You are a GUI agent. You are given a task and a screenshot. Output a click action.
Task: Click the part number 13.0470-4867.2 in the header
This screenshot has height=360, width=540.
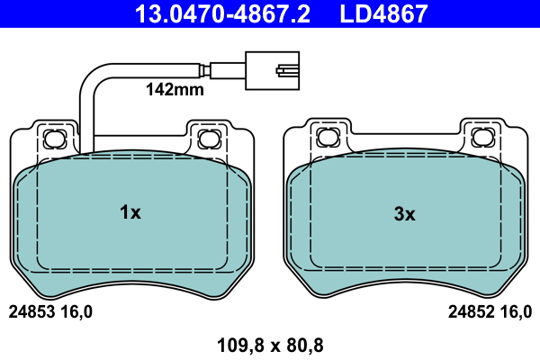point(222,13)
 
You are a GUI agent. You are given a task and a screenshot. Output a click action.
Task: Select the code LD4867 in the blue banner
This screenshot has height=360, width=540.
point(383,13)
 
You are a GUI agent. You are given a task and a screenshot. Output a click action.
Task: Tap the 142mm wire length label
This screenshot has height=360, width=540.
point(175,90)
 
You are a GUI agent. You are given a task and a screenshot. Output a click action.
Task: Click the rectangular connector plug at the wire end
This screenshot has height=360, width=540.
point(272,70)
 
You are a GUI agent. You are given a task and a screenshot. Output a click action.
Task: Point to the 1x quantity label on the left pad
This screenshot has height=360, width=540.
point(130,212)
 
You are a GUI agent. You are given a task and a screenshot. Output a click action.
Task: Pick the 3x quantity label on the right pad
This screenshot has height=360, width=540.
point(404,214)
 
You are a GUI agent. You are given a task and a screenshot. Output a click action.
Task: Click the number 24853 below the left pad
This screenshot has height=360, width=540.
point(31,312)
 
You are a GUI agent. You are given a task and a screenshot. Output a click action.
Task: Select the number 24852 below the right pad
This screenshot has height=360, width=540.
point(471,312)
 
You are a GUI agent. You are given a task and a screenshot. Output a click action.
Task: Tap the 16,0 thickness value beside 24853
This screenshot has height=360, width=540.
point(76,312)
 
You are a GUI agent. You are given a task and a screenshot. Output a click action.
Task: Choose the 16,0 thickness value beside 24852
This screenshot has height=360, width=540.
point(516,312)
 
